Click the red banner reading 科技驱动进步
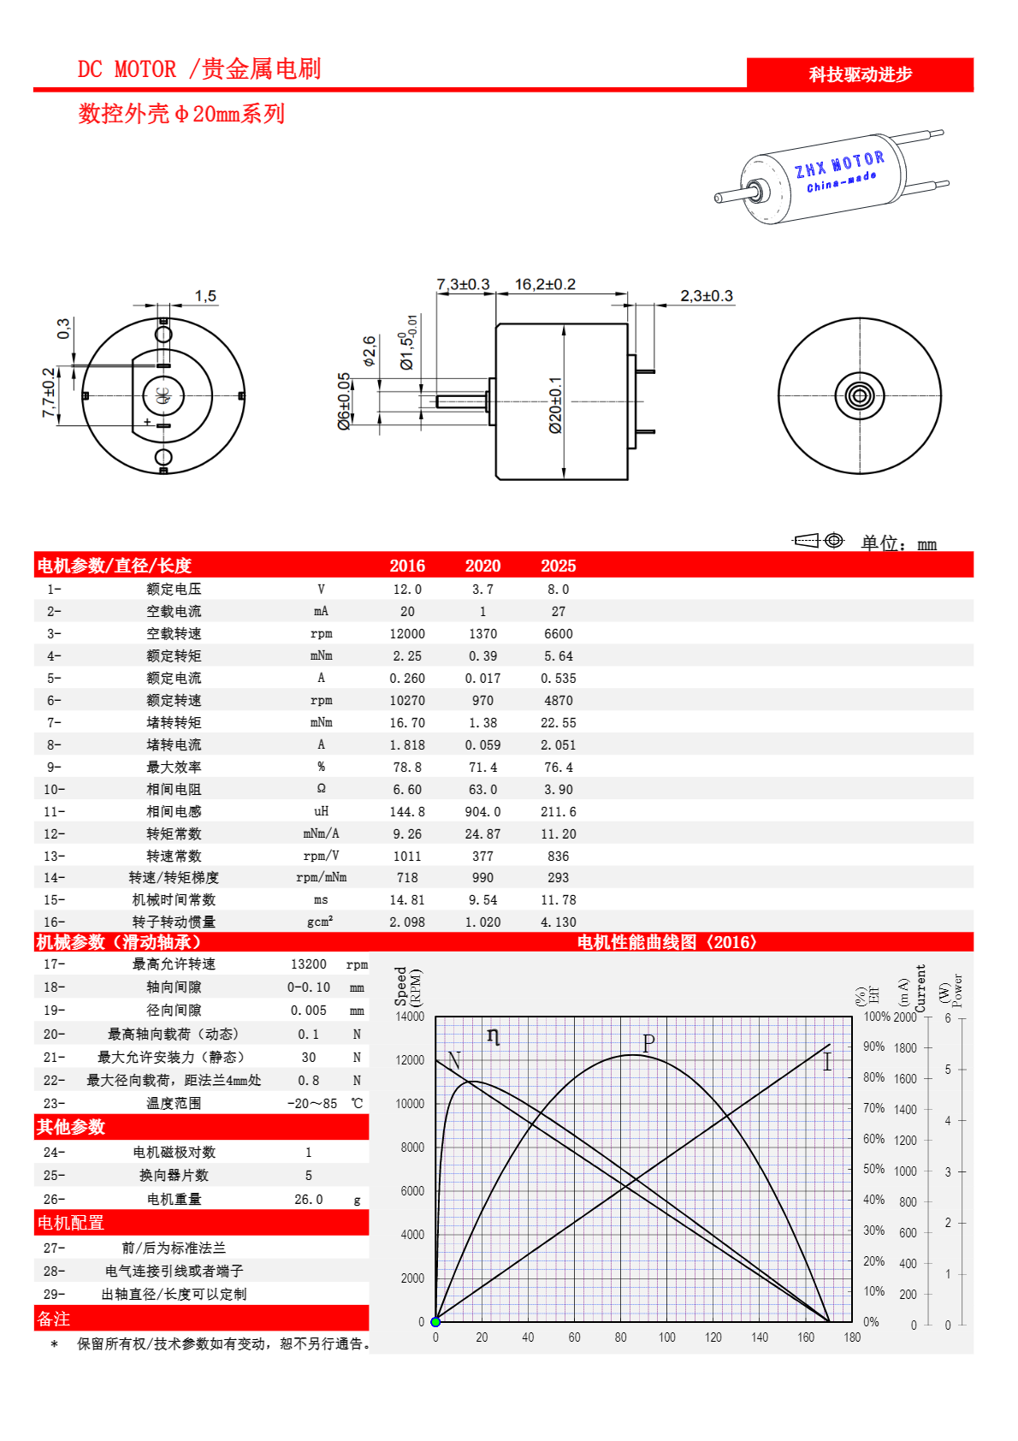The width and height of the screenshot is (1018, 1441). (860, 74)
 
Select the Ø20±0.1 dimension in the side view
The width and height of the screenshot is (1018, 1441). (556, 405)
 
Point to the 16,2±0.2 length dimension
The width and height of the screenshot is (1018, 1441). (545, 284)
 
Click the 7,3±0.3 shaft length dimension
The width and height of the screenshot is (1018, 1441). (463, 284)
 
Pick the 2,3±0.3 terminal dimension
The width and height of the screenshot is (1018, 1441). (706, 296)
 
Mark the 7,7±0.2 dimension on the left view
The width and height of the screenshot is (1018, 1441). (49, 393)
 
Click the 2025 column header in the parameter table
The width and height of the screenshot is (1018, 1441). (558, 566)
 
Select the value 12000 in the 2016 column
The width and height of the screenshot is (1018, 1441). (407, 634)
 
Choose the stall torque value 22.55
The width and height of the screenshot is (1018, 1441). (558, 723)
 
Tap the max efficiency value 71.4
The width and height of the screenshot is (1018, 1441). (482, 768)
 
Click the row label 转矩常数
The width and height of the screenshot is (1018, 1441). (174, 833)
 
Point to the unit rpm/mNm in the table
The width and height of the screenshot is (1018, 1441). (321, 877)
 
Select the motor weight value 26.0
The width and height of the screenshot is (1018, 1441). (308, 1200)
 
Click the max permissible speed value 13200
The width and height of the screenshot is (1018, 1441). (308, 964)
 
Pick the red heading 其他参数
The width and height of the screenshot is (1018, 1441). (71, 1127)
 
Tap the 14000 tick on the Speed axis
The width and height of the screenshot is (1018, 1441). (410, 1017)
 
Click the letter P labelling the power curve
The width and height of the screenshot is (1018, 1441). (648, 1043)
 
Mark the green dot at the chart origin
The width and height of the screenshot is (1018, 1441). (435, 1322)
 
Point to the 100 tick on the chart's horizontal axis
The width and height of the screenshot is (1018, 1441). (666, 1337)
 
